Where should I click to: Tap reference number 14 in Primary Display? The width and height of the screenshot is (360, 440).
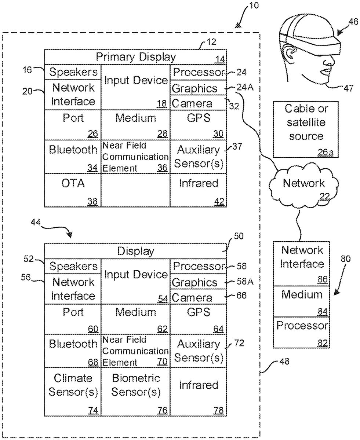point(220,60)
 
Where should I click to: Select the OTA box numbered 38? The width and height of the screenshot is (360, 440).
point(73,190)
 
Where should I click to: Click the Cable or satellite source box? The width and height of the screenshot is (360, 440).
point(306,129)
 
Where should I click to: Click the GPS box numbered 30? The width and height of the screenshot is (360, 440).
point(199,125)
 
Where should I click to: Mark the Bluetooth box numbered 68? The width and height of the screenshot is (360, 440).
point(73,349)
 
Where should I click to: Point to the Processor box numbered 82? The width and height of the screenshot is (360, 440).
point(302,332)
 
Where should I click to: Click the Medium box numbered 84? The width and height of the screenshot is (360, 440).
point(302,301)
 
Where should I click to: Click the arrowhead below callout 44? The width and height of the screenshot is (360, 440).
point(70,235)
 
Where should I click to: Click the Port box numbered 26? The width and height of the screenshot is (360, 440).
point(73,125)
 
